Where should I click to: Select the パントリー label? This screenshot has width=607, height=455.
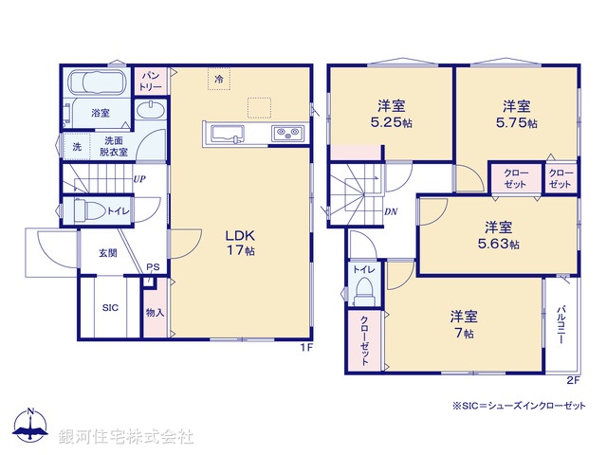[x=151, y=80]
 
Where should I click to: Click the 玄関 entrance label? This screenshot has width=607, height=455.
[x=106, y=253]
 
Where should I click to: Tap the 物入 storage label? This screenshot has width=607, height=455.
[x=156, y=312]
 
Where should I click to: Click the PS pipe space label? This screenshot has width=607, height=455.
[x=152, y=267]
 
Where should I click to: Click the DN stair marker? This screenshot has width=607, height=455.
[x=391, y=211]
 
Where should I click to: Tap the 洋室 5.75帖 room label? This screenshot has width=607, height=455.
[x=515, y=113]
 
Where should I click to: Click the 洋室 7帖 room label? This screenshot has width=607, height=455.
[x=463, y=322]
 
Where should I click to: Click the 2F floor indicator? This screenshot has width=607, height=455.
[x=572, y=380]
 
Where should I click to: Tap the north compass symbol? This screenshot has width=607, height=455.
[x=30, y=428]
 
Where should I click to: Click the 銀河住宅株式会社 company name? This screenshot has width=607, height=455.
[x=126, y=437]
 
